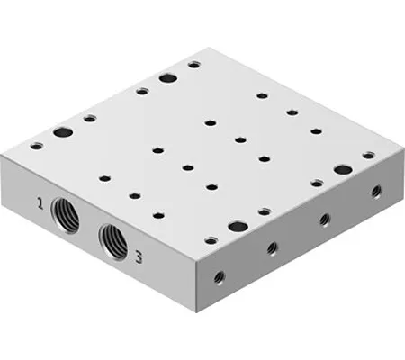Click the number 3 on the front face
pos(139,256)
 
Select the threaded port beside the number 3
pos(112,238)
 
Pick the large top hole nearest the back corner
pos(167,77)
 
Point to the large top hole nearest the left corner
pos(62,133)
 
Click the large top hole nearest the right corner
pos(341,169)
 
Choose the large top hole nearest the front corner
pos(237,227)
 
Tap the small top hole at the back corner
pos(193,64)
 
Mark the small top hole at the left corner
pos(36,146)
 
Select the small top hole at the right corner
pos(368,155)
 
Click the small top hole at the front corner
pos(210,240)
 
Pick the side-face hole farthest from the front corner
pos(375,191)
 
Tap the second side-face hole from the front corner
pos(271,247)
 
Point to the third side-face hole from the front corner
pos(324,219)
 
